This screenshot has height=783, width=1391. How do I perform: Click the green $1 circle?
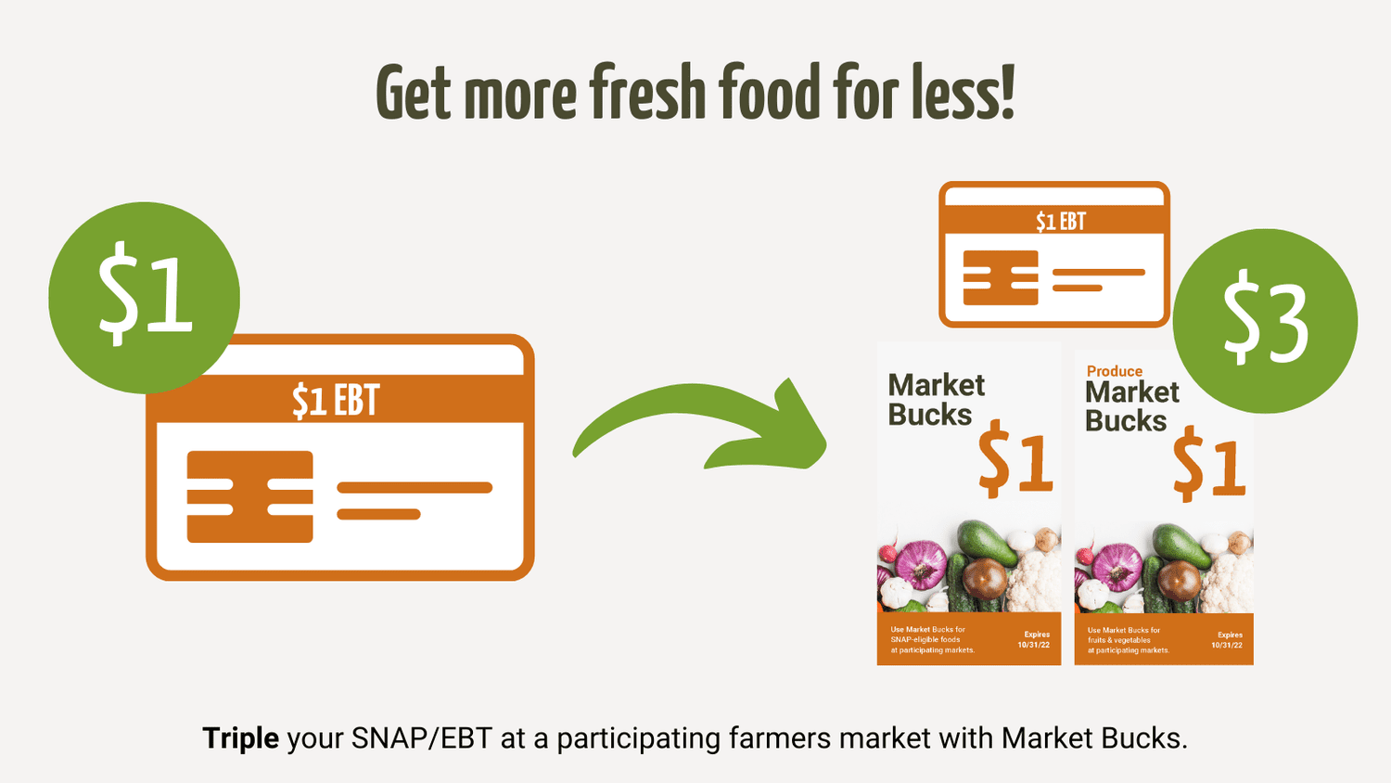pos(144,297)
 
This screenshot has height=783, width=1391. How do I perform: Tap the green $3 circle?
pos(1265,321)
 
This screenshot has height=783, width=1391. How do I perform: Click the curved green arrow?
pos(705,427)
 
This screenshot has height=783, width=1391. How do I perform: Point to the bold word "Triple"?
pos(240,738)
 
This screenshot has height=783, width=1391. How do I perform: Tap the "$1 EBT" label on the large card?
pos(336,401)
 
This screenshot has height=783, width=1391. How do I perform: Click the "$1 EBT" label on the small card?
pos(1060,222)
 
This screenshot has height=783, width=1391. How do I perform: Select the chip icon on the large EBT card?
pos(249,496)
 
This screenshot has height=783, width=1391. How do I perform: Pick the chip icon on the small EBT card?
pos(1001,277)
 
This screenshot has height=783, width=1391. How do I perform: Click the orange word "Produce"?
pos(1114,371)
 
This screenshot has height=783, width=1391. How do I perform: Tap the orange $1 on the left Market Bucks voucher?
pos(1015,458)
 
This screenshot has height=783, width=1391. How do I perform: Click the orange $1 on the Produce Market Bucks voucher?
pos(1208,464)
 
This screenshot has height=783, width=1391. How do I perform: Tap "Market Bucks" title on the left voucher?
pos(935,400)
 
